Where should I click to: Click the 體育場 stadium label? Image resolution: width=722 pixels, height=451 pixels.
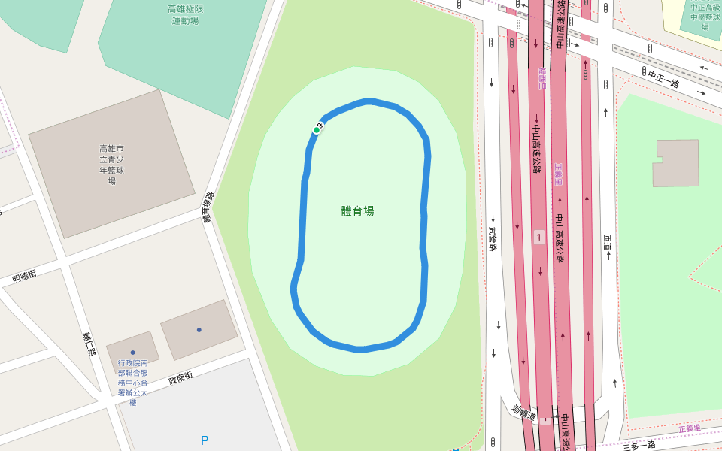(x=357, y=211)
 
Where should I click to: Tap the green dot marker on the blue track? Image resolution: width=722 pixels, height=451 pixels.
(x=317, y=130)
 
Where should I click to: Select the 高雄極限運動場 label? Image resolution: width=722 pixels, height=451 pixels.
(x=185, y=15)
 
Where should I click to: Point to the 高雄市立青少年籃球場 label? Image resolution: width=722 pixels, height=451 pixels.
(x=111, y=165)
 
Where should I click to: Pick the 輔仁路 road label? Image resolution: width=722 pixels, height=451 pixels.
(x=89, y=344)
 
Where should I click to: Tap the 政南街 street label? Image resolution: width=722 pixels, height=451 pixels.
(x=180, y=377)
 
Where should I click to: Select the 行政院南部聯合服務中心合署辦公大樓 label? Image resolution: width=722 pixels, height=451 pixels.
(x=132, y=383)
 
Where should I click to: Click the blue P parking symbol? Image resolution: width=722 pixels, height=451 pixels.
(x=205, y=440)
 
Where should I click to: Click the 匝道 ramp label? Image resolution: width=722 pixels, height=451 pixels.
(x=607, y=242)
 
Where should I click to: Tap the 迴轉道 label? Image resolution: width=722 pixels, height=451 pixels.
(x=523, y=413)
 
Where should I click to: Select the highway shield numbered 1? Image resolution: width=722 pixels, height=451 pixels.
(x=538, y=238)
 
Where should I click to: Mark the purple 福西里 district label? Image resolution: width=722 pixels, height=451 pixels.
(x=542, y=77)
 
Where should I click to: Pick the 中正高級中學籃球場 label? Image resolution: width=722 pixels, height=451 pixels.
(x=705, y=17)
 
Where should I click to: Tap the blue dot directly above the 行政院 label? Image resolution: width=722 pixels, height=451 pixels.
(x=132, y=352)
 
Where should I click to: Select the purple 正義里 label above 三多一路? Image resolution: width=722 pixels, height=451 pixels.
(x=689, y=428)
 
